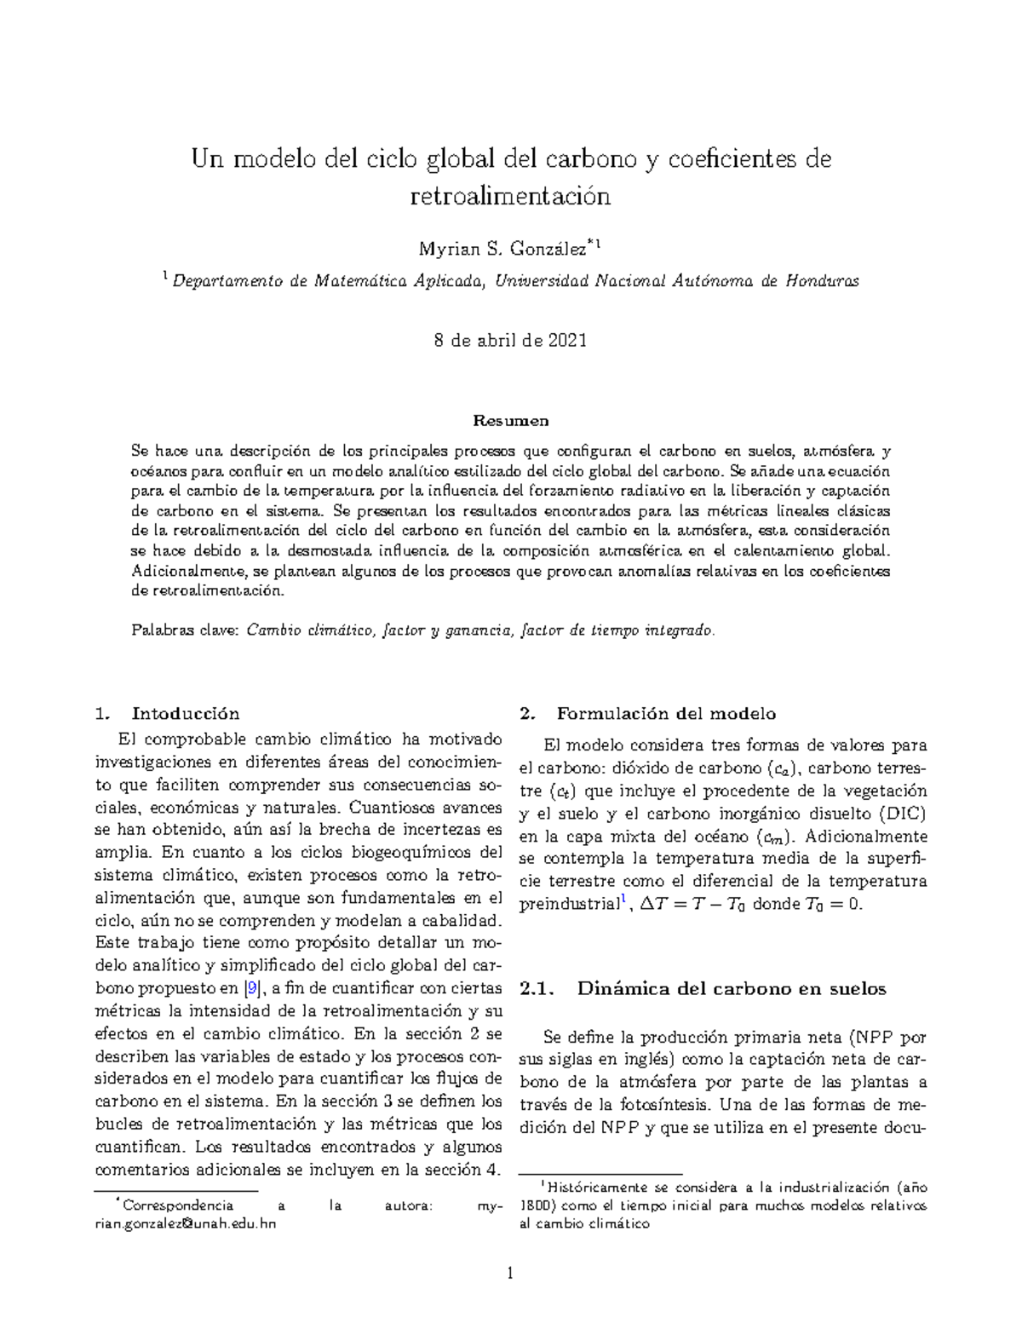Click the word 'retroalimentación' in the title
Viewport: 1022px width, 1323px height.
[511, 198]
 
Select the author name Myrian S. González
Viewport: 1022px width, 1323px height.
[502, 249]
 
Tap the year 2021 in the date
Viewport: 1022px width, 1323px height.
[566, 341]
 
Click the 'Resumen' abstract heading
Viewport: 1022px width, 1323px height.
[511, 421]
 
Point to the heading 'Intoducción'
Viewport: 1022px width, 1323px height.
[186, 714]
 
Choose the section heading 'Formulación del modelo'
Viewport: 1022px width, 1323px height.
[666, 714]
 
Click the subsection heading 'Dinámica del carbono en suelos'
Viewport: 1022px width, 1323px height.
[732, 989]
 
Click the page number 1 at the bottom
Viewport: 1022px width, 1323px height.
[511, 1274]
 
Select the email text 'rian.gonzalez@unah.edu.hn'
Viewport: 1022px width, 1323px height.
[186, 1224]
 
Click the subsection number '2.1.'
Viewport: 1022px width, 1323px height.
[537, 989]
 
